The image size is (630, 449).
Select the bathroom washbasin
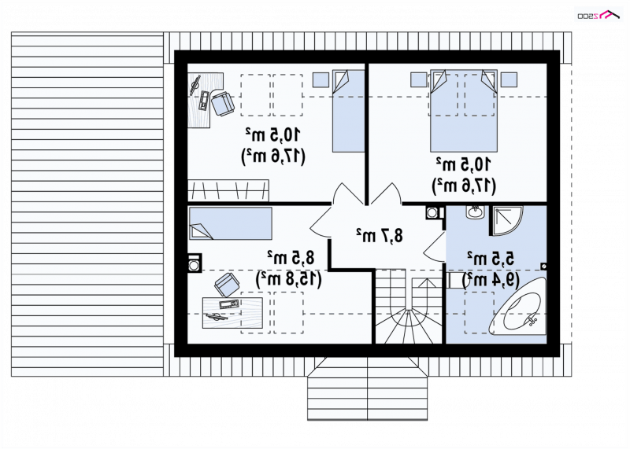tap(476, 212)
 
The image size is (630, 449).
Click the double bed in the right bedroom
tap(464, 111)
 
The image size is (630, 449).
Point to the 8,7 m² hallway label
tap(379, 236)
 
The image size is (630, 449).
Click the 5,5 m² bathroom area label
tap(490, 259)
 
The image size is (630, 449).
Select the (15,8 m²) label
tap(289, 279)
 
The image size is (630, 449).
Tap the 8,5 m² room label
tap(291, 258)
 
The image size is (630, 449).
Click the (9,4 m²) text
tap(491, 280)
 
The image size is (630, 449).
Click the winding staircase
tap(409, 307)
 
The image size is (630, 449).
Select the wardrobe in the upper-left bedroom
tap(228, 190)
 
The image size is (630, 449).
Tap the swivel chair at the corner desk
tap(222, 104)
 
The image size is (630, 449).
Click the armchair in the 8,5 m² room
tap(227, 285)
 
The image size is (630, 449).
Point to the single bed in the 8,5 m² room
tap(230, 223)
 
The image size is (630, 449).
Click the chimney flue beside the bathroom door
tap(432, 212)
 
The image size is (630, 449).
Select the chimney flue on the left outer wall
tap(195, 264)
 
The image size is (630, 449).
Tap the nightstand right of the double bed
tap(509, 79)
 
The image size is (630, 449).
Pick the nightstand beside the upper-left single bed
tap(321, 79)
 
